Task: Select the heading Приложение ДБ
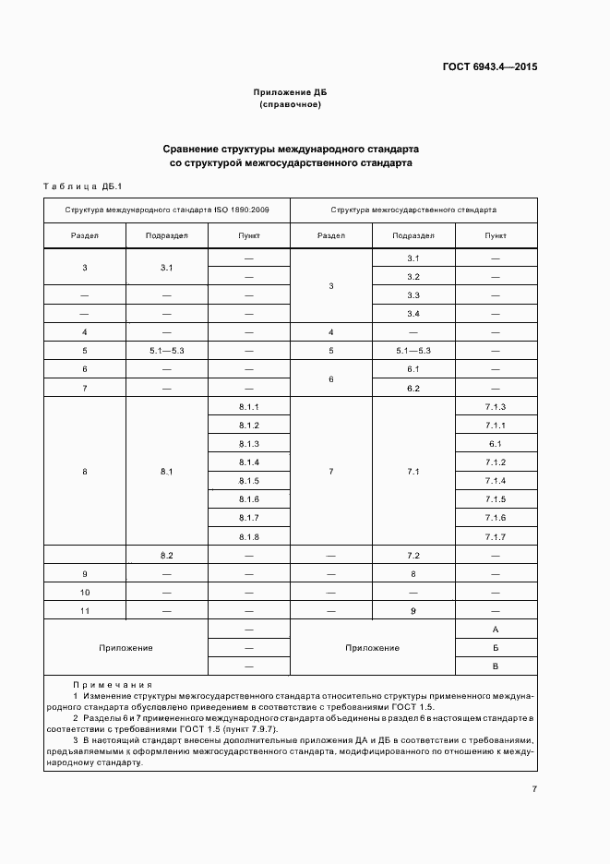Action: [290, 93]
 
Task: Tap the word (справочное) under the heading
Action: [290, 105]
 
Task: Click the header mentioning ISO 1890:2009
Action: [166, 210]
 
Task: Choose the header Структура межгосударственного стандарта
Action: [413, 210]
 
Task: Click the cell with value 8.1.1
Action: [249, 407]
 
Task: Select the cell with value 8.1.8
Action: [249, 536]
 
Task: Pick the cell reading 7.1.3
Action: [495, 407]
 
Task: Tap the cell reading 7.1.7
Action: [495, 536]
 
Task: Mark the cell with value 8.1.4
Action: [249, 462]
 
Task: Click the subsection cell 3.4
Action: [413, 314]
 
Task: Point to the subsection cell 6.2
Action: [413, 388]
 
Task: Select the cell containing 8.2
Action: [167, 556]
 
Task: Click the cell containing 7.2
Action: [413, 556]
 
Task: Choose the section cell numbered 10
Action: [85, 592]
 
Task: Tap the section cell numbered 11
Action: [85, 610]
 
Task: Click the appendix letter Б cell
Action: [496, 647]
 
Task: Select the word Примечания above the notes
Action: [114, 685]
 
